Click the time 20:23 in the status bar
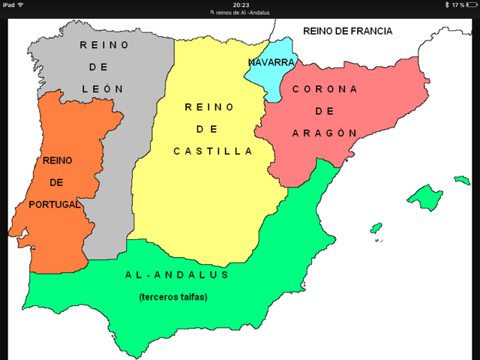click(x=241, y=4)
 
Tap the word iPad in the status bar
click(x=8, y=4)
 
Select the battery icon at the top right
click(x=471, y=4)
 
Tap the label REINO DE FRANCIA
click(x=348, y=31)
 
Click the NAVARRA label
click(x=271, y=61)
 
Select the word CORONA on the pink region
click(x=324, y=88)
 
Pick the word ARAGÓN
click(x=324, y=132)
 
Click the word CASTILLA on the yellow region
click(x=213, y=151)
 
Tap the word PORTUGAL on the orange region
click(x=54, y=204)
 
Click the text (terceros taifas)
click(x=173, y=297)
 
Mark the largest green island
click(x=424, y=197)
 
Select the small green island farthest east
click(x=461, y=180)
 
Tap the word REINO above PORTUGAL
click(x=57, y=160)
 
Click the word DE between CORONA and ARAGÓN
click(x=324, y=110)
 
